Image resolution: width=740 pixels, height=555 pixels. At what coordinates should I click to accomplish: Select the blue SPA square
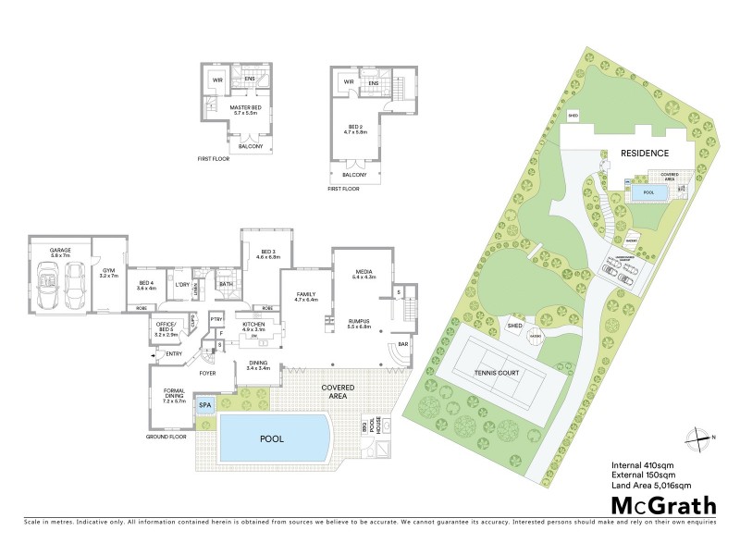(205, 405)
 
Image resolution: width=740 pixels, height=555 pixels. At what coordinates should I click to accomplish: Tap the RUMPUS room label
(358, 324)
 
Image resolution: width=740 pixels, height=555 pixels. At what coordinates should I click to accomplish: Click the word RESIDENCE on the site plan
(644, 154)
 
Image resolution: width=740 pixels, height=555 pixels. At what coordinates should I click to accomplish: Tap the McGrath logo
(663, 505)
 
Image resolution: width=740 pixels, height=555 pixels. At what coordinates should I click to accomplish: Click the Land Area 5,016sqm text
(651, 485)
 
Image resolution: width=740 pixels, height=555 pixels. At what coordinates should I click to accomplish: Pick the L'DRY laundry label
(182, 285)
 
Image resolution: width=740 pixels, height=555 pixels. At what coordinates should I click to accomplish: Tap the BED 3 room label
(268, 253)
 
